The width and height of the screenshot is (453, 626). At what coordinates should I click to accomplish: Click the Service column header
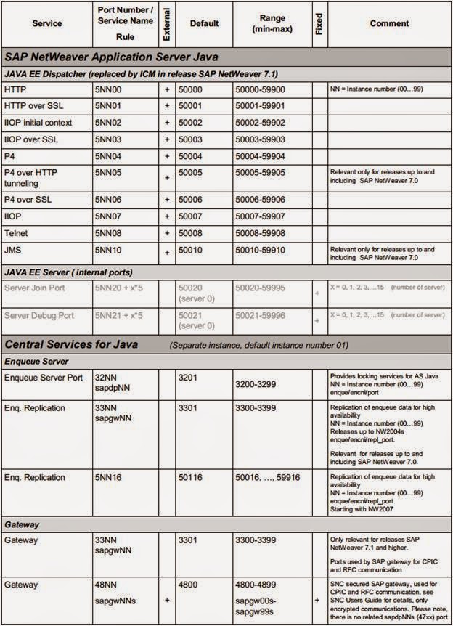[46, 23]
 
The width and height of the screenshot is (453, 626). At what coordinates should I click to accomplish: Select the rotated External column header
[167, 23]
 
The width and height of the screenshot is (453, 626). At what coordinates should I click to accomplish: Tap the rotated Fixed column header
[319, 23]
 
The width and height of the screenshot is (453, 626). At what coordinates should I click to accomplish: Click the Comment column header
[389, 23]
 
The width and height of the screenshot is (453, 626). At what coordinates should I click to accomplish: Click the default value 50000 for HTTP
[192, 89]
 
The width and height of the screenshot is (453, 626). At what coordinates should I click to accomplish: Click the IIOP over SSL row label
[31, 139]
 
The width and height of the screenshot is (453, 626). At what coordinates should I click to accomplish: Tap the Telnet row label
[17, 234]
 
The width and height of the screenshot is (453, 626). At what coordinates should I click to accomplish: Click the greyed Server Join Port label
[38, 288]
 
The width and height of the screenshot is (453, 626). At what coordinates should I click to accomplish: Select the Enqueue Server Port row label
[47, 378]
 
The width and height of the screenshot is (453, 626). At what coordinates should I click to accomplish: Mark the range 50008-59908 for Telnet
[259, 234]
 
